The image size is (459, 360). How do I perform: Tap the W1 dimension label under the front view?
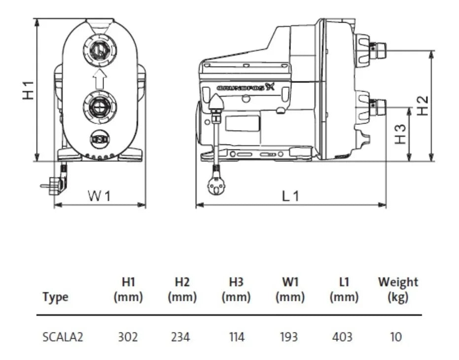pyautogui.click(x=100, y=196)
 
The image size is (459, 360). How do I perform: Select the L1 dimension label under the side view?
pyautogui.click(x=290, y=196)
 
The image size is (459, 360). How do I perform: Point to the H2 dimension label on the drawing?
pyautogui.click(x=423, y=105)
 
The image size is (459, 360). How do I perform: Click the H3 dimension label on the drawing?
pyautogui.click(x=401, y=134)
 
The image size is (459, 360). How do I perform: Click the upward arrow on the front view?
pyautogui.click(x=100, y=78)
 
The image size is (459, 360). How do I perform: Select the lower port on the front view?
pyautogui.click(x=100, y=106)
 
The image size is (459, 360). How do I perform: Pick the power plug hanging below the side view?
pyautogui.click(x=215, y=186)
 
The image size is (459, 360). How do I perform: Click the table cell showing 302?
pyautogui.click(x=128, y=337)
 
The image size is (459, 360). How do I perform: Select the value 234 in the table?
pyautogui.click(x=182, y=337)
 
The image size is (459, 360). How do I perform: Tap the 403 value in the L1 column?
pyautogui.click(x=342, y=337)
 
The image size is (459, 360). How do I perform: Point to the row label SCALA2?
pyautogui.click(x=63, y=337)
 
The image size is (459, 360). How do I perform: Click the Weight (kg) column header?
pyautogui.click(x=397, y=289)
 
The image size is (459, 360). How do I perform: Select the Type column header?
pyautogui.click(x=55, y=297)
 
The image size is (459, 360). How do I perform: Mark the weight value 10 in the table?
pyautogui.click(x=396, y=337)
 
